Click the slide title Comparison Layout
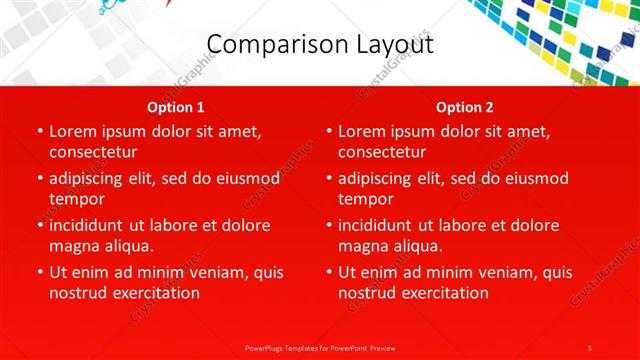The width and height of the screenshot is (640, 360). pyautogui.click(x=320, y=44)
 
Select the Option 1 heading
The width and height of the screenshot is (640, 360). pyautogui.click(x=176, y=107)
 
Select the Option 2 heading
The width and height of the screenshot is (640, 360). pyautogui.click(x=465, y=107)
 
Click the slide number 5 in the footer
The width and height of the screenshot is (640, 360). pyautogui.click(x=590, y=347)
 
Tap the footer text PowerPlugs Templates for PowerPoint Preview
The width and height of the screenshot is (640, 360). pyautogui.click(x=320, y=347)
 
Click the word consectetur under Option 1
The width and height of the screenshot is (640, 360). pyautogui.click(x=92, y=152)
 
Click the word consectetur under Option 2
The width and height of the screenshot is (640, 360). pyautogui.click(x=381, y=152)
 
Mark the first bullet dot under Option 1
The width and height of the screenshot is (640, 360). pyautogui.click(x=39, y=131)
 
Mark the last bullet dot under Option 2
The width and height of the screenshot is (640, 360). pyautogui.click(x=328, y=272)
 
